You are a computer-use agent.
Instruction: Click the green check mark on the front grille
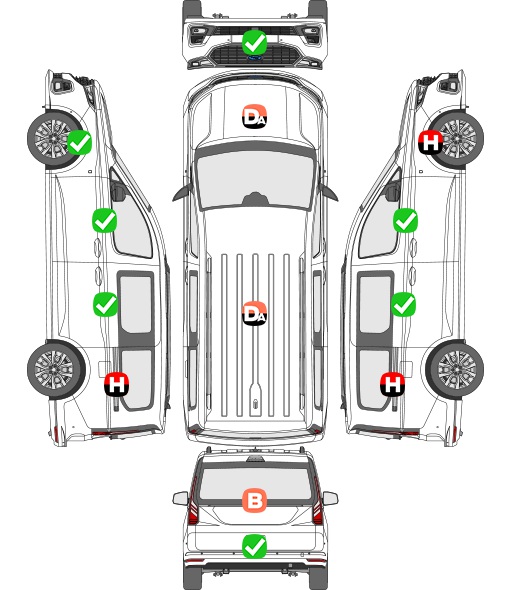pos(254,43)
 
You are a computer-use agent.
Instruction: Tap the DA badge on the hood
pos(254,116)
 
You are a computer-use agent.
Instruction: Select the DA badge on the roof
pos(254,313)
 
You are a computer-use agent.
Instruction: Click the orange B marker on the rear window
pos(254,500)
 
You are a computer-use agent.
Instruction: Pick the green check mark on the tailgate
pos(254,546)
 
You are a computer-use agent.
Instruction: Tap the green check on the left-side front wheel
pos(79,142)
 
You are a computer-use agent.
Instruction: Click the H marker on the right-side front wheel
pos(431,142)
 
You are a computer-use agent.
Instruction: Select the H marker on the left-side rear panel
pos(117,384)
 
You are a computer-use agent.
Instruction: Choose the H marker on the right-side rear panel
pos(393,384)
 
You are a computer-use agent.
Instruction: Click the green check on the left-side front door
pos(105,220)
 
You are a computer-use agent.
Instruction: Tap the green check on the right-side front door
pos(405,220)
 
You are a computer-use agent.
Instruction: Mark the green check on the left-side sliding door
pos(105,304)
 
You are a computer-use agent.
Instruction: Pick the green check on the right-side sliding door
pos(404,304)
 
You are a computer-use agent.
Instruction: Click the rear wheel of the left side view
pos(56,370)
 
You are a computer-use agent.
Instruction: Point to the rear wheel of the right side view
pos(454,370)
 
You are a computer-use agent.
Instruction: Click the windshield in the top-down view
pos(255,180)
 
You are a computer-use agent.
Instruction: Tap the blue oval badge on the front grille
pos(255,58)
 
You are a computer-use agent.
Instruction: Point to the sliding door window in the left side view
pos(136,304)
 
